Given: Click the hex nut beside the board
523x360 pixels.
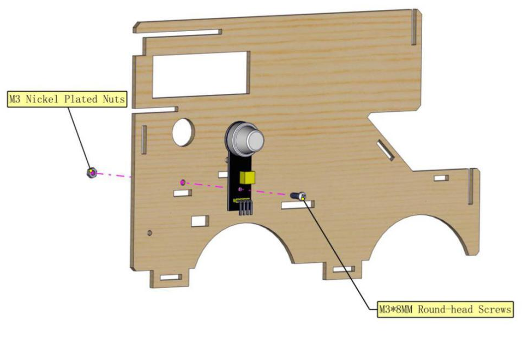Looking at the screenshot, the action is (x=92, y=172).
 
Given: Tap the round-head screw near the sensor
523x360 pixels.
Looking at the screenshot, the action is (x=298, y=196).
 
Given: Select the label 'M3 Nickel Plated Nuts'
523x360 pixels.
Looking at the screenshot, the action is (x=67, y=99).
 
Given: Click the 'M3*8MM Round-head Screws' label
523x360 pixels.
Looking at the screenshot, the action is (x=445, y=309).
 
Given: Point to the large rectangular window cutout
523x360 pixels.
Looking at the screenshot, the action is (x=201, y=74).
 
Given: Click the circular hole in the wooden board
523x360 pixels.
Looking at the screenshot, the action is (x=183, y=132).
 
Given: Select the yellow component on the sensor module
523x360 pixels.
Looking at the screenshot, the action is (x=247, y=177).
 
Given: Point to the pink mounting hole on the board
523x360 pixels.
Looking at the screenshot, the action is (x=182, y=182).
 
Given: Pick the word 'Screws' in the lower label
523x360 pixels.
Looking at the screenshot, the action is (x=495, y=309).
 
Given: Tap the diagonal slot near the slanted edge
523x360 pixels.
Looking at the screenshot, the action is (x=385, y=150).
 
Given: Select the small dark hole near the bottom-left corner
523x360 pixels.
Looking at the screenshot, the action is (x=149, y=232).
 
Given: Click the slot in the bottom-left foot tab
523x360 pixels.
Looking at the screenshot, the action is (x=171, y=277).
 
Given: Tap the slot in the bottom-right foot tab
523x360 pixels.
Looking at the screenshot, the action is (x=344, y=269).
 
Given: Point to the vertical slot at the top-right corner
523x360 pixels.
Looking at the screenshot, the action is (x=414, y=27).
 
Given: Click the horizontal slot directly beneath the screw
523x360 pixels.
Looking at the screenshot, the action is (x=298, y=205).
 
